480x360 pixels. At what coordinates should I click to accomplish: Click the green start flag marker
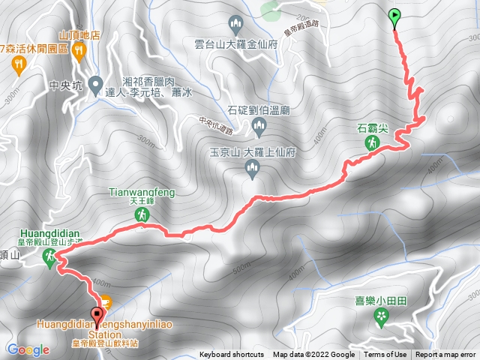tap(395, 15)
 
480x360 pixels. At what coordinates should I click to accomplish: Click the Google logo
tap(28, 349)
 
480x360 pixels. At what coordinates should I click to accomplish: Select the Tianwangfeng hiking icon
tap(140, 214)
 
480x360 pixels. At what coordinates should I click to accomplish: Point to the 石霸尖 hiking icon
tap(371, 142)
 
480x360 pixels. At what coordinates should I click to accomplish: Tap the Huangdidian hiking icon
tap(49, 257)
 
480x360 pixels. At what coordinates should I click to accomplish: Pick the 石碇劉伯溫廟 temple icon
tap(259, 126)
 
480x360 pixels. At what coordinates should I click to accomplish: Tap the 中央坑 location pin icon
tap(95, 82)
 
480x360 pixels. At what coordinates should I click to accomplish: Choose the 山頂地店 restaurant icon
tap(79, 50)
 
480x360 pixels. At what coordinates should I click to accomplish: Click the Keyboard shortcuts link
tap(231, 355)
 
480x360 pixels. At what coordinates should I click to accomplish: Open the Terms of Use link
tap(385, 355)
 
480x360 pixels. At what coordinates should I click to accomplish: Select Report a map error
tap(445, 355)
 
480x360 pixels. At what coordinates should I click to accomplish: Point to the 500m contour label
tap(241, 267)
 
